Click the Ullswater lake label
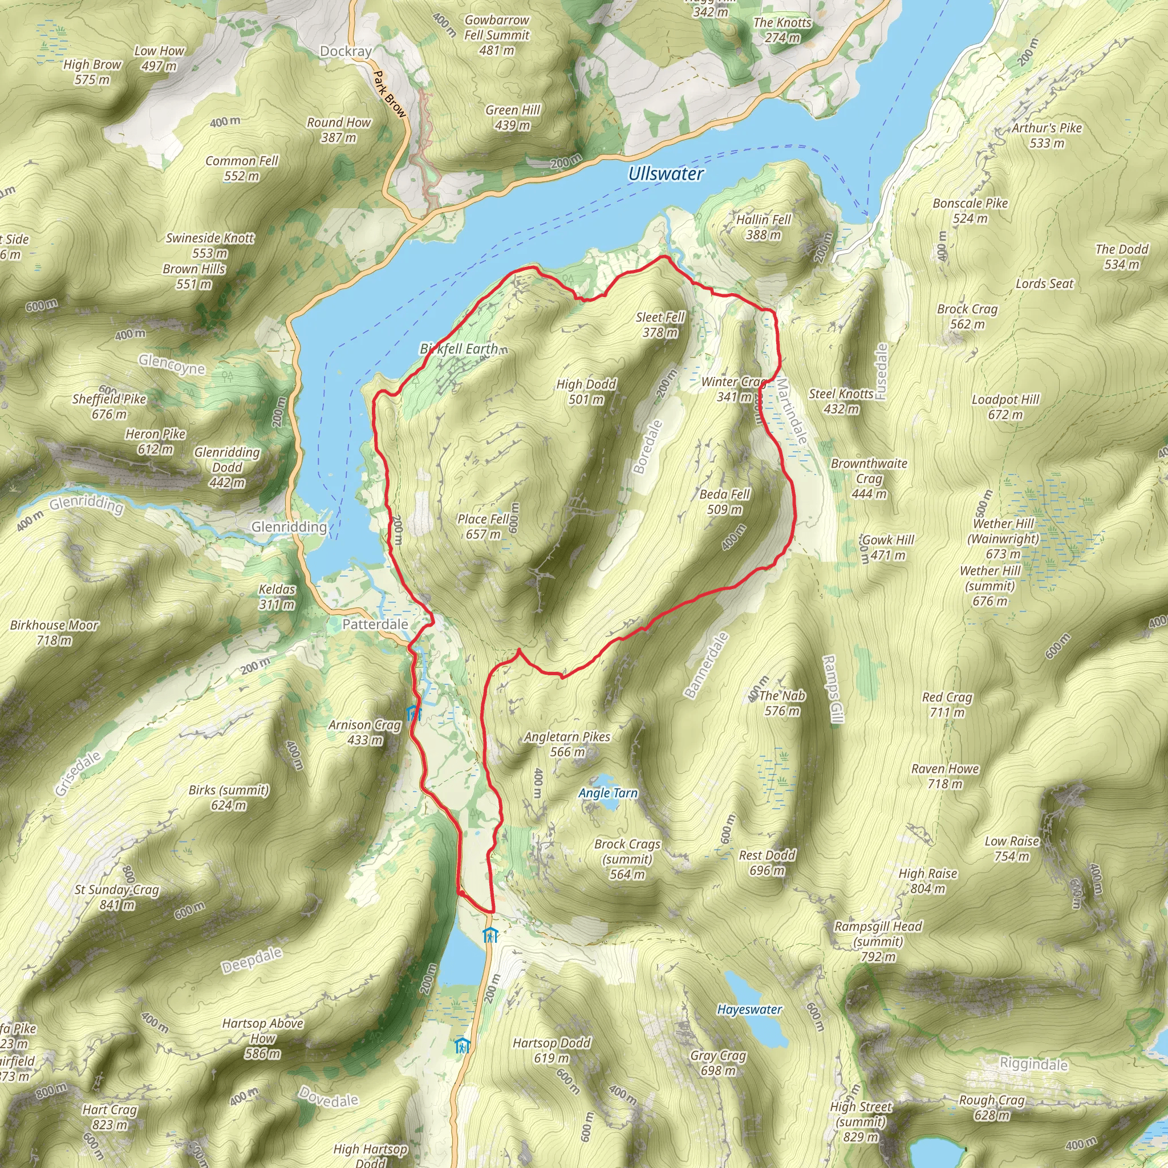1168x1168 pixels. tap(666, 174)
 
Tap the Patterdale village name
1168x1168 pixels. tap(375, 624)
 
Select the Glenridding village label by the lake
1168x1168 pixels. tap(289, 526)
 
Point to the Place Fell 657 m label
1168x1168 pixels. tap(483, 526)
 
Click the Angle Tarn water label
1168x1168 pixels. tap(607, 793)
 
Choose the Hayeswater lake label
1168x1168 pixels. tap(749, 1009)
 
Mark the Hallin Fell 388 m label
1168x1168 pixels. tap(763, 228)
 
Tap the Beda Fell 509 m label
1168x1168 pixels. tap(724, 502)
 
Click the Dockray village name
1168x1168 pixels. tap(345, 51)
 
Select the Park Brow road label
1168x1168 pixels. tap(389, 94)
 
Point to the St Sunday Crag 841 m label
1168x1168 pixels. tap(117, 897)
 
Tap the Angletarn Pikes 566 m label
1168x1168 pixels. tap(567, 744)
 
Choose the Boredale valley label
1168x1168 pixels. tap(647, 447)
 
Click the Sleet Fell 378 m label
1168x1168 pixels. tap(660, 325)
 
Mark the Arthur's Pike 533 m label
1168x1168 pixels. tap(1047, 135)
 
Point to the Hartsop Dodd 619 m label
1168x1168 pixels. tap(551, 1050)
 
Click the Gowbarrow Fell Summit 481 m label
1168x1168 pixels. tap(496, 35)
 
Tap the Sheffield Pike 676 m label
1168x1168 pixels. tap(109, 406)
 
